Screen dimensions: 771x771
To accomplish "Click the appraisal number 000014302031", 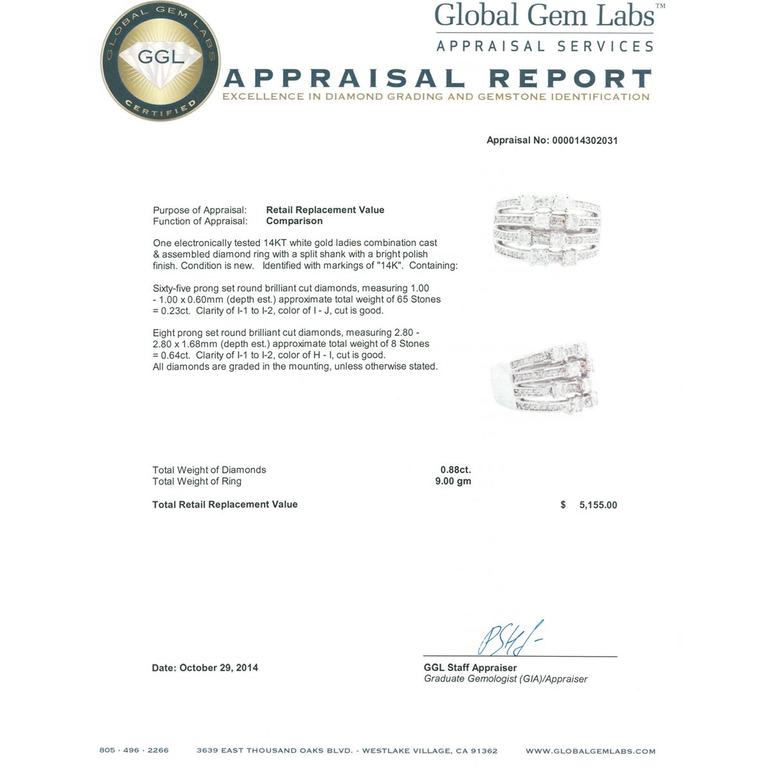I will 585,141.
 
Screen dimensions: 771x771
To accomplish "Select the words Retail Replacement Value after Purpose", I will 325,210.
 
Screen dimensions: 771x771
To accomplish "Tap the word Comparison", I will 294,221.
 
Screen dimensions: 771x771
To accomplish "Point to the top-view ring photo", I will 547,232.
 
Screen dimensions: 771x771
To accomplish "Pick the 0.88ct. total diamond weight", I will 456,470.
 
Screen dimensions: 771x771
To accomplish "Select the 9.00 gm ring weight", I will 453,481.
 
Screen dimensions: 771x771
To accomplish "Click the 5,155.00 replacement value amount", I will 598,505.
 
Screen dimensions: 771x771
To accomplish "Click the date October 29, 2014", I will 218,668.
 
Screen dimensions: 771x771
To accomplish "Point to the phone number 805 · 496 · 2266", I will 134,750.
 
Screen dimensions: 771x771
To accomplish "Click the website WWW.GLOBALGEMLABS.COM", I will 590,750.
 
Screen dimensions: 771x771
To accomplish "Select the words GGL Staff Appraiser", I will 470,668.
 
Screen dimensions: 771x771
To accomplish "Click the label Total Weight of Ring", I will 197,481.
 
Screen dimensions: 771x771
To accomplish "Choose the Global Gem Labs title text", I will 545,16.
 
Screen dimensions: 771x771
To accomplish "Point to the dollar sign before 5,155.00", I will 563,505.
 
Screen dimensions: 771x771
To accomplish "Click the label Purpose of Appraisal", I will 200,210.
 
